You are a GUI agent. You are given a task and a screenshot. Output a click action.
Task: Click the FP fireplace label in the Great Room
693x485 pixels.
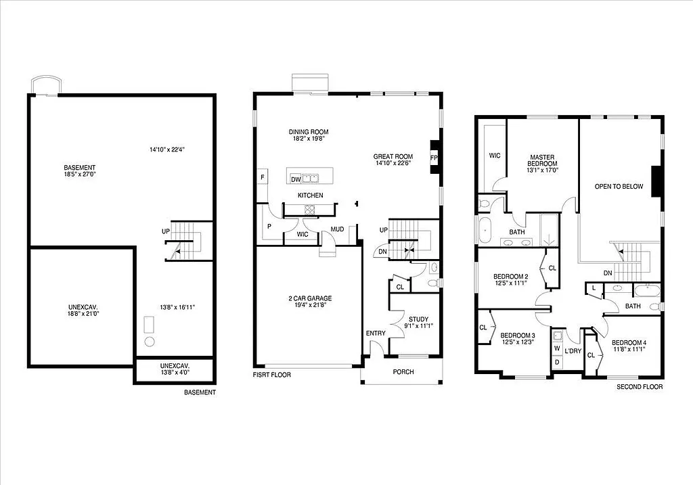434,158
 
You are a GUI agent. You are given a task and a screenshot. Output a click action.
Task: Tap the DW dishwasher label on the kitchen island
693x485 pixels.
295,179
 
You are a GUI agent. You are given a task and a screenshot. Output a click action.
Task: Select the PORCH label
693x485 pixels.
403,372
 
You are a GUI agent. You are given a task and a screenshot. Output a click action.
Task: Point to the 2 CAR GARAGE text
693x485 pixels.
309,298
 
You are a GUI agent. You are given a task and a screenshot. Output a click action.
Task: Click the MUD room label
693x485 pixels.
337,229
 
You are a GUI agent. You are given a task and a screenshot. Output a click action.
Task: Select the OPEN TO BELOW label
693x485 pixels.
619,187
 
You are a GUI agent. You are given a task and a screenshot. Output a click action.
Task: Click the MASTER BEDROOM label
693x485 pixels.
543,160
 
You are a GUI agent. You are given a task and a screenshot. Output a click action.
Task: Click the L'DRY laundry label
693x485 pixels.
573,351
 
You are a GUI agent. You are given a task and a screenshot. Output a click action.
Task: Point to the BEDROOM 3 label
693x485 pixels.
518,336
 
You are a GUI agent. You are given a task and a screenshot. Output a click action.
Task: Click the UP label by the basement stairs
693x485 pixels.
165,232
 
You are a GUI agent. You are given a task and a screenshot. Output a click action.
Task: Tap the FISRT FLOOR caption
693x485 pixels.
272,374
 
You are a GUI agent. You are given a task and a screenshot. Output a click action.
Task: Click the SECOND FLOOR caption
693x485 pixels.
640,387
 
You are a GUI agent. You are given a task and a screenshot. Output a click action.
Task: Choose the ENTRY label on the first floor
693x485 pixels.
376,333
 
